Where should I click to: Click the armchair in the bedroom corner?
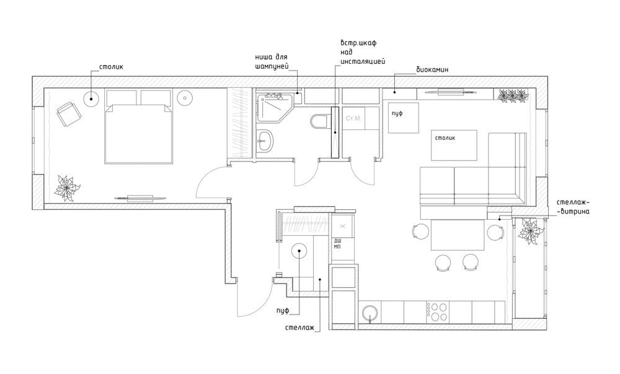tap(69, 114)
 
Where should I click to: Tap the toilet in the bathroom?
tap(319, 121)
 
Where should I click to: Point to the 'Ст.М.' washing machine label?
tap(353, 118)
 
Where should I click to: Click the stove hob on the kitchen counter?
tap(437, 311)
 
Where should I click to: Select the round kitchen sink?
tap(371, 313)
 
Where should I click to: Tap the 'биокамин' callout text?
tap(432, 70)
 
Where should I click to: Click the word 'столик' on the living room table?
tap(445, 138)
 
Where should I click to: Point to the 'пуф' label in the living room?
tap(397, 113)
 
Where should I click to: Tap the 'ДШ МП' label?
tap(338, 243)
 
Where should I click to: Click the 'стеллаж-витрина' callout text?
tap(573, 207)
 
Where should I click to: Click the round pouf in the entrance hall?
tap(299, 251)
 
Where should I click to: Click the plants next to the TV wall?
tap(513, 95)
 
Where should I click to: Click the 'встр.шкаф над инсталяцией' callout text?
tap(363, 52)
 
